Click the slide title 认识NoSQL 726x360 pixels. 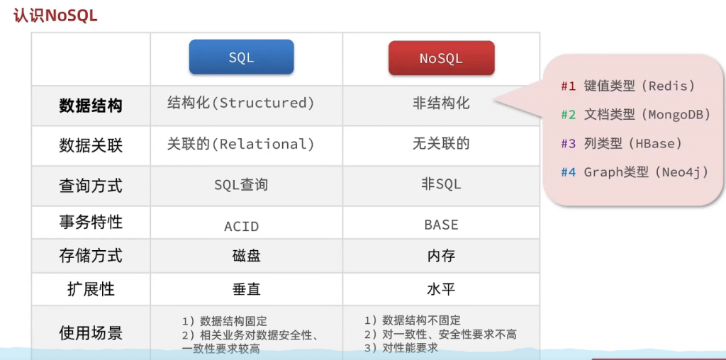pos(55,16)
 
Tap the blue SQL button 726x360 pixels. pos(241,57)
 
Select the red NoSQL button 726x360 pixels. pos(441,58)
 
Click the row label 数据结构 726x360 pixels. pos(91,106)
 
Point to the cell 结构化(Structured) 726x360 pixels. pos(241,103)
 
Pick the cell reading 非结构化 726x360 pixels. pos(441,103)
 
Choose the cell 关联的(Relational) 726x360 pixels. pos(241,145)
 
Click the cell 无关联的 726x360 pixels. pos(441,145)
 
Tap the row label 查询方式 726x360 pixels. pos(91,186)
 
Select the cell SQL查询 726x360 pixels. pos(241,185)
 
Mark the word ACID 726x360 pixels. pos(241,227)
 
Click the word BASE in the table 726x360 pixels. pos(441,225)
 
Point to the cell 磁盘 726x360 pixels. pos(246,256)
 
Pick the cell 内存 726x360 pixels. pos(441,256)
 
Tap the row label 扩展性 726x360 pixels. pos(91,289)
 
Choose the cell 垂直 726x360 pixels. pos(246,289)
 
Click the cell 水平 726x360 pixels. pos(441,289)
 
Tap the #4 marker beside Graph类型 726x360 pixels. pos(568,173)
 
